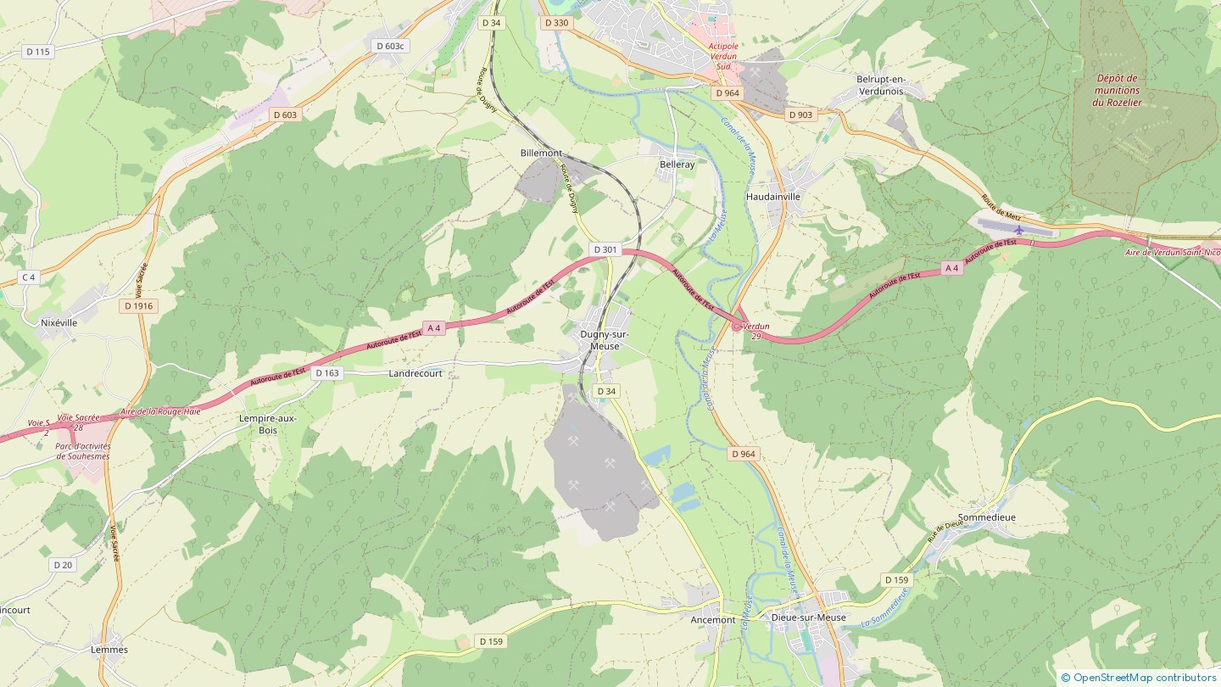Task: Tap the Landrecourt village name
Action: [415, 373]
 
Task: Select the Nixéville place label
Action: [59, 323]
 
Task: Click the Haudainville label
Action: [772, 196]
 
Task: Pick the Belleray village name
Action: [677, 165]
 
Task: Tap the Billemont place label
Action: [541, 153]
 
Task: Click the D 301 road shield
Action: [605, 249]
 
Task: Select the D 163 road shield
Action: [326, 373]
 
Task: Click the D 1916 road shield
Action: [138, 305]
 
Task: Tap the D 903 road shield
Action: [800, 114]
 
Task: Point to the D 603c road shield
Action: [389, 46]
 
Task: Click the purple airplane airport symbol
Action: [1018, 230]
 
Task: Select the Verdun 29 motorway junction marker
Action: [735, 326]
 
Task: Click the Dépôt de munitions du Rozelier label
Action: [1117, 90]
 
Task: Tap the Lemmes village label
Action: [109, 650]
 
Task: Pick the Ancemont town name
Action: [713, 620]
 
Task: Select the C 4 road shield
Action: [29, 277]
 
